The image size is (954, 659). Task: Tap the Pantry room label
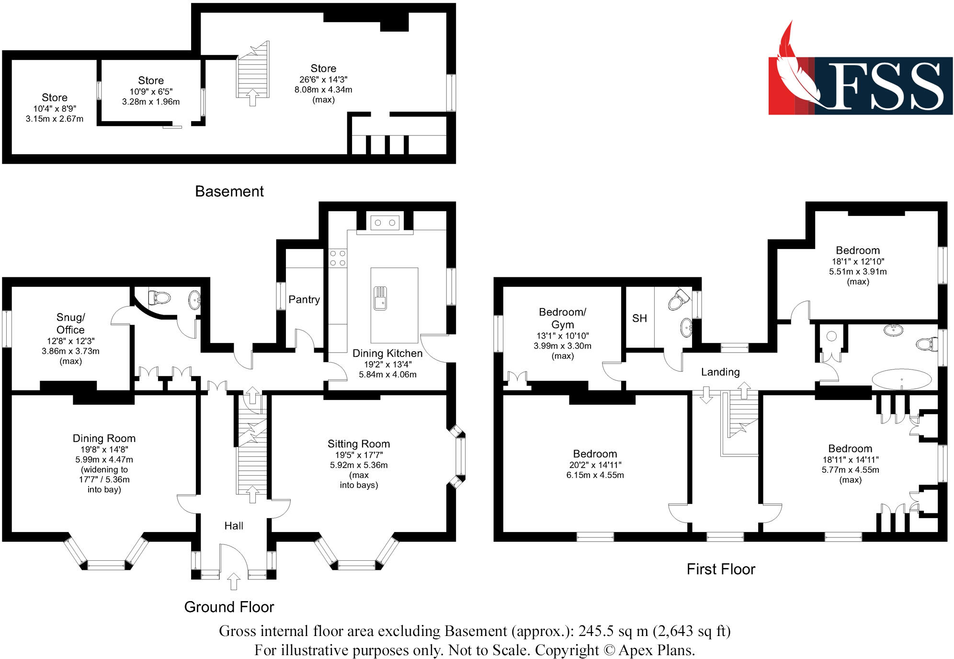(x=304, y=300)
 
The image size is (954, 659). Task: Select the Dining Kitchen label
(x=387, y=353)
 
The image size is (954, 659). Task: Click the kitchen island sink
(x=380, y=298)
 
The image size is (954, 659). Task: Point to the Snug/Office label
(x=70, y=324)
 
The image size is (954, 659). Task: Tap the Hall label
(x=234, y=526)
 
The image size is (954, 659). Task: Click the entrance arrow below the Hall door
(x=234, y=581)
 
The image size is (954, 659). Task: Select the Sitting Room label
(x=359, y=444)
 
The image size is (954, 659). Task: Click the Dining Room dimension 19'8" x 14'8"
(x=104, y=449)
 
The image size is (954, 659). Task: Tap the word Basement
(x=229, y=192)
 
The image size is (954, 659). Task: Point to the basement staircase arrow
(x=252, y=98)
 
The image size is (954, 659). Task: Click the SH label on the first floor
(x=639, y=318)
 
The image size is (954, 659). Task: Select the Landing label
(x=720, y=372)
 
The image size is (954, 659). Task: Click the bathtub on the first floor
(x=902, y=379)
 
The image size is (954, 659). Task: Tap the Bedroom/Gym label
(x=562, y=318)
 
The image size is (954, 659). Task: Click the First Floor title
(x=721, y=569)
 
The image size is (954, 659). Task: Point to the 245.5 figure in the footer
(x=596, y=631)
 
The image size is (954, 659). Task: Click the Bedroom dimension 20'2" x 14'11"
(x=595, y=465)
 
